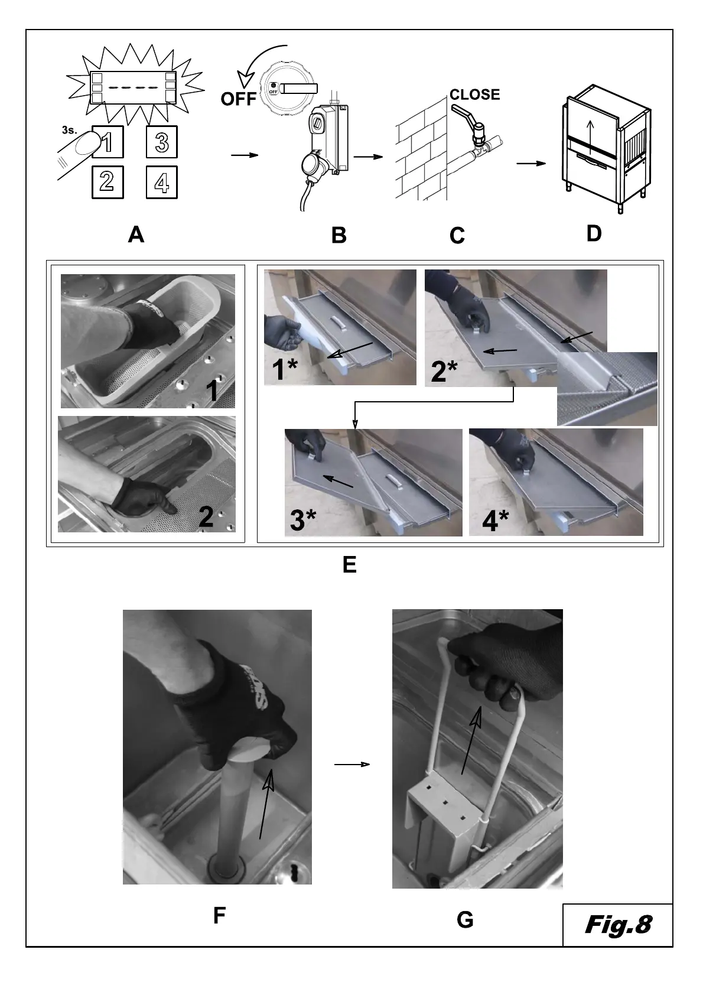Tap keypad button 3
(161, 142)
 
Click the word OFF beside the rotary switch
(238, 99)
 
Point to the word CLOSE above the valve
(474, 95)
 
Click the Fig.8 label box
(617, 925)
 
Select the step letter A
(136, 235)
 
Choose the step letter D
(594, 234)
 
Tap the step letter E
(349, 565)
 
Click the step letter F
(219, 916)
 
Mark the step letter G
(465, 920)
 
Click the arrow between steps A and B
(245, 155)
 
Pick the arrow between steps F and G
(352, 765)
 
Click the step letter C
(457, 236)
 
